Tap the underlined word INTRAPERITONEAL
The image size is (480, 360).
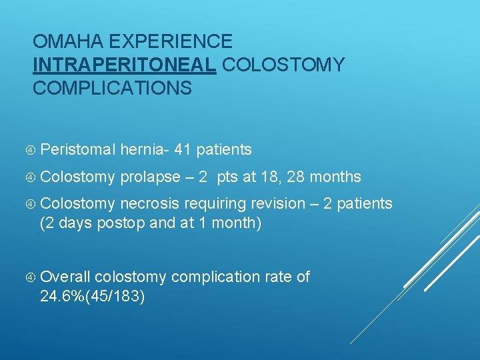124,65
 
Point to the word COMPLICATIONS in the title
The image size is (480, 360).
112,88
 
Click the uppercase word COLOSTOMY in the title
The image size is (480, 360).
283,65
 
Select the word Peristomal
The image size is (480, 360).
78,150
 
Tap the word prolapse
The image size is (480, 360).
150,177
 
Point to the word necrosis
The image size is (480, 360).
150,203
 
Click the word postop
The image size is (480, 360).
121,223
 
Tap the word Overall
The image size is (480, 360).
65,277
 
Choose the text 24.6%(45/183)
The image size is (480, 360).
92,296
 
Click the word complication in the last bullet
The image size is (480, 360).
212,277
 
